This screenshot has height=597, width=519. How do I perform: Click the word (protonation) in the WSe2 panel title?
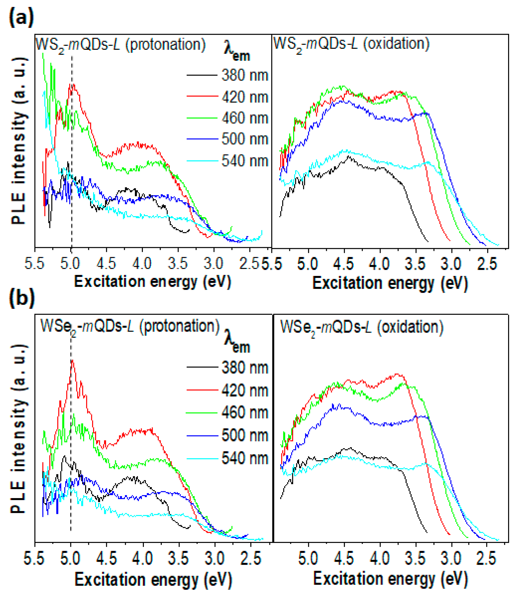[179, 326]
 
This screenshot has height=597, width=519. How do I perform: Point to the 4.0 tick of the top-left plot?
[142, 264]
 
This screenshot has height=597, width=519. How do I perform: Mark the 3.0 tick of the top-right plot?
[451, 264]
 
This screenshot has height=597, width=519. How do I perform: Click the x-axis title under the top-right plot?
[390, 284]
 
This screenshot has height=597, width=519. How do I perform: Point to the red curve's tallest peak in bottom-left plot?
[72, 361]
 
